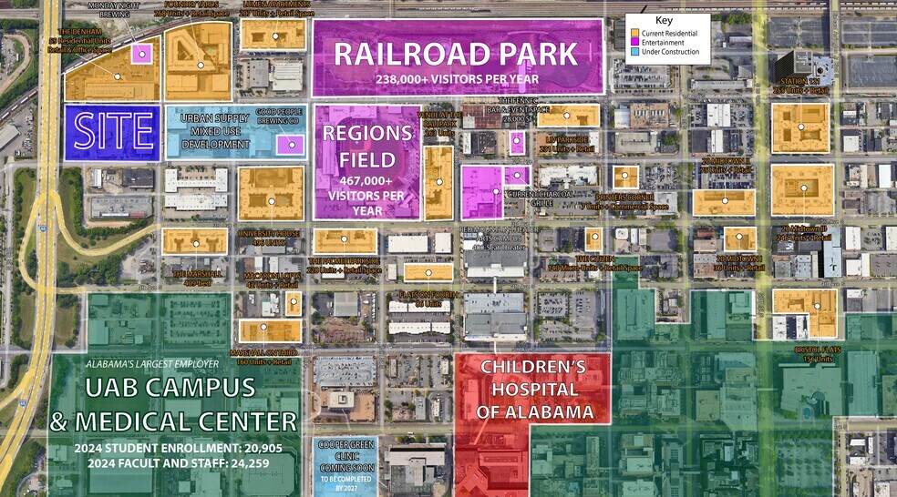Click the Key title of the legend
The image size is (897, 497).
pyautogui.click(x=664, y=19)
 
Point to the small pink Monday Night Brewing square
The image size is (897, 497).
pyautogui.click(x=141, y=53)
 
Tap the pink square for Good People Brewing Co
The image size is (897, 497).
pyautogui.click(x=292, y=144)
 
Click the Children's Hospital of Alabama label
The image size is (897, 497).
pyautogui.click(x=532, y=390)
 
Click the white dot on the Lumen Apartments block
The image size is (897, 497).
pyautogui.click(x=274, y=36)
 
